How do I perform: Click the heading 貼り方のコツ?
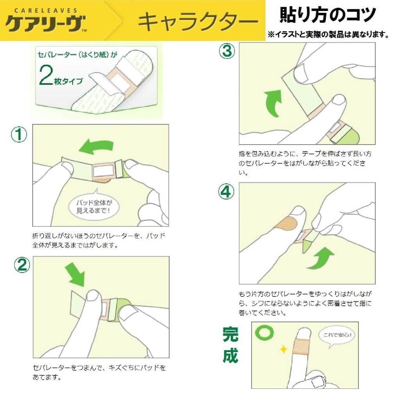[x=328, y=15]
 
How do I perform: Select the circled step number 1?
[x=19, y=135]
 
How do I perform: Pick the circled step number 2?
[x=22, y=265]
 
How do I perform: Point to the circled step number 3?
[x=227, y=51]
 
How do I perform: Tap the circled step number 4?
[x=226, y=191]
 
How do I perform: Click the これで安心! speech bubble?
[x=337, y=336]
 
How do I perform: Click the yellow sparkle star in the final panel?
[x=284, y=349]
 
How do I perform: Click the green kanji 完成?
[x=230, y=345]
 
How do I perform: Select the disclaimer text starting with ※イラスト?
[x=329, y=34]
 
